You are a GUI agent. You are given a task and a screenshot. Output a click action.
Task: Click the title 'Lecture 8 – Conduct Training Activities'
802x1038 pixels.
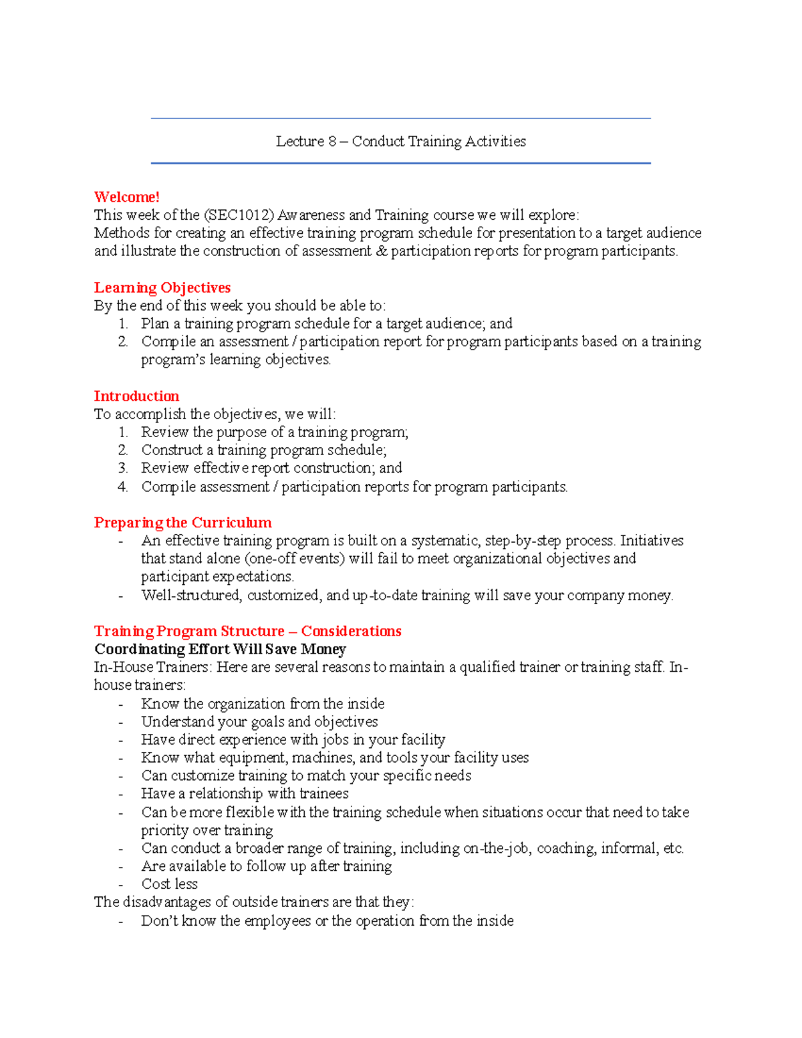tap(401, 142)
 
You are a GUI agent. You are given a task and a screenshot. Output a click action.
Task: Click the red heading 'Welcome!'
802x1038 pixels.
tap(126, 197)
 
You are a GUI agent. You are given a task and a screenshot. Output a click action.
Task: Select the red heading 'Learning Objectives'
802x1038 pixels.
tap(162, 288)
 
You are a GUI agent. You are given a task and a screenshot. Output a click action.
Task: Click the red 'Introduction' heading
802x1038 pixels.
tap(136, 396)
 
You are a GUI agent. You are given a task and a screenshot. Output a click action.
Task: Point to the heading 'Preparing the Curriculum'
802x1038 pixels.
tap(182, 523)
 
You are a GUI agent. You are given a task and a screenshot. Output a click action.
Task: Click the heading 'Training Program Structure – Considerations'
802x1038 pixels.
tap(247, 632)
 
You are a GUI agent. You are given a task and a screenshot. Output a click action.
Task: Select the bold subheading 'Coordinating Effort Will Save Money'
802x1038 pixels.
tap(220, 650)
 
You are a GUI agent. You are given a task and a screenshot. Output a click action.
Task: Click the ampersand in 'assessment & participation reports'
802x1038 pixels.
tap(382, 251)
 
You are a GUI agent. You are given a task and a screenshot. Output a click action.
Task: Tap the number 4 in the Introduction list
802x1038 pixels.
tap(122, 487)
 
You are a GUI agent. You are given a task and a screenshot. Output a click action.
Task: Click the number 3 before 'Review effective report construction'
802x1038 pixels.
tap(122, 469)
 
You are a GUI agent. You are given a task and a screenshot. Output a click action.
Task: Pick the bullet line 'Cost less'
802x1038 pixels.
tap(169, 884)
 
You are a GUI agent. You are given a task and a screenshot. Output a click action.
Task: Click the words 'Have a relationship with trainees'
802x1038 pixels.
tap(245, 794)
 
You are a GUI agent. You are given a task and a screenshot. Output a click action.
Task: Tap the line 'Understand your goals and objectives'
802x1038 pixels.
tap(259, 722)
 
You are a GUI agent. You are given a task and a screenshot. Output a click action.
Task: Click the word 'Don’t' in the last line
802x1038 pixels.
tap(158, 921)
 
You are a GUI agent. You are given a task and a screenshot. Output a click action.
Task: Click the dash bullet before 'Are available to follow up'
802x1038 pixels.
tap(120, 867)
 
